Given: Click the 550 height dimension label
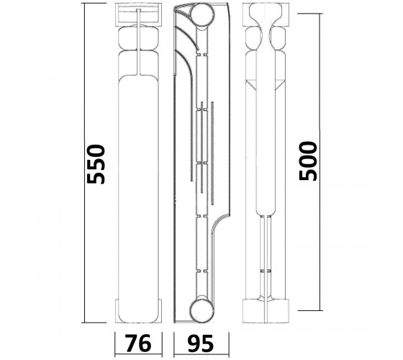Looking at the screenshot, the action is [x=96, y=164].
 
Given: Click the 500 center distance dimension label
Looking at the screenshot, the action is [x=308, y=161].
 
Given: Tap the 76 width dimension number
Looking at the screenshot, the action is [x=138, y=343].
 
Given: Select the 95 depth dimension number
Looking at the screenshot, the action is [x=200, y=343].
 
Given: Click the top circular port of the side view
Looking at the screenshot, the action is [x=203, y=15].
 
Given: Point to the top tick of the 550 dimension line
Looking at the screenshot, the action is [x=94, y=4].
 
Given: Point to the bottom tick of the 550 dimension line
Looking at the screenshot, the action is [x=94, y=323].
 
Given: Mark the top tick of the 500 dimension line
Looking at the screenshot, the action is [x=310, y=14].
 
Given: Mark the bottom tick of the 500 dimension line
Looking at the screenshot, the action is [x=310, y=310].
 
